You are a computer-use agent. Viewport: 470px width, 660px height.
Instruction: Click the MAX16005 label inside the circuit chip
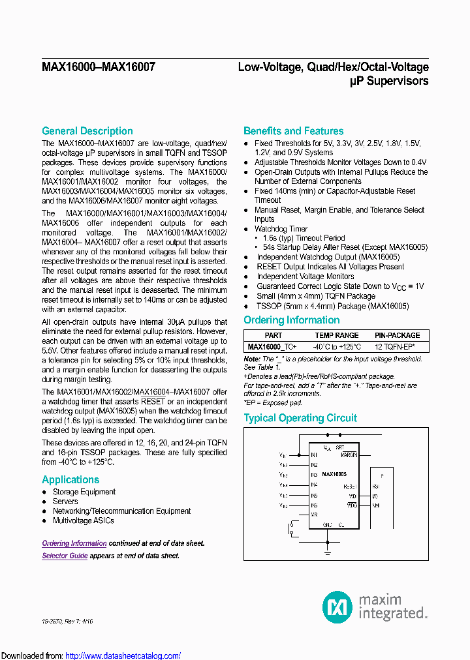click(x=334, y=474)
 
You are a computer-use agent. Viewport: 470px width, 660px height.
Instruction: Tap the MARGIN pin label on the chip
click(x=349, y=455)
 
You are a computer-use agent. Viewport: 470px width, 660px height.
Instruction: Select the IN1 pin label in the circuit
click(x=314, y=455)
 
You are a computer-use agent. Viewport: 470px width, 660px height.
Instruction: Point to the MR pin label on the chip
click(x=313, y=515)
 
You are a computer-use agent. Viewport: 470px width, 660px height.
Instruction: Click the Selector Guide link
click(x=65, y=556)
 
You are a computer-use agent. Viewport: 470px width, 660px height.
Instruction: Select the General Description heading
click(x=87, y=131)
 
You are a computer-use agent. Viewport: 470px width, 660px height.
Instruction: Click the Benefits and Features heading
click(x=293, y=131)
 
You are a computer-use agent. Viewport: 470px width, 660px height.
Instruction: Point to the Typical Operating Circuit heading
click(x=300, y=418)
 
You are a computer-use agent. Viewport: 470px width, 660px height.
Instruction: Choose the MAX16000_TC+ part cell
click(x=272, y=346)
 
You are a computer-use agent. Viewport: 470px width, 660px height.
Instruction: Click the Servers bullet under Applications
click(x=65, y=502)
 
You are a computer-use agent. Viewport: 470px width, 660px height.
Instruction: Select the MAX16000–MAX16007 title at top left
click(x=98, y=67)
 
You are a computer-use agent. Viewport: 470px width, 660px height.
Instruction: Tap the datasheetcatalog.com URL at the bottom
click(x=123, y=655)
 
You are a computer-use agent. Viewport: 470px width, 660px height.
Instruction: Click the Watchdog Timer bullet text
click(x=281, y=229)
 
